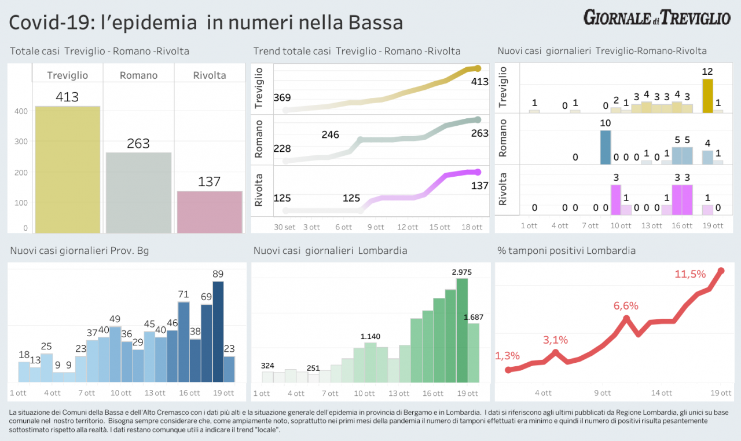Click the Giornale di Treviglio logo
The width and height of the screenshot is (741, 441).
coord(656,17)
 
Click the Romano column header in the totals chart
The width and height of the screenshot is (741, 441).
coord(138,75)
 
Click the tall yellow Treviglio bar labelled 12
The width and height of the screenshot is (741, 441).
coord(707,96)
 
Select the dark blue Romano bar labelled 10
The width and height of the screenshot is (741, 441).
coord(606,147)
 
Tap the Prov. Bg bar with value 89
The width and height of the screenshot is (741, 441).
coord(218,331)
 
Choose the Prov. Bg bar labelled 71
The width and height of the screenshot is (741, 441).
coord(184,342)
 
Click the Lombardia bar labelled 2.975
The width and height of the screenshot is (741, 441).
coord(462,330)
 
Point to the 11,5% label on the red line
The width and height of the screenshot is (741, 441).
coord(690,274)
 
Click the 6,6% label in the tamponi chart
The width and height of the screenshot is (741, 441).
coord(626,305)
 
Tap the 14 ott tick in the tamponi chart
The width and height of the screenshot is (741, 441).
coord(662,393)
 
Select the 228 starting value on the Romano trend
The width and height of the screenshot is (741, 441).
coord(282,149)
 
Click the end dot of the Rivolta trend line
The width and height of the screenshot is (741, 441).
coord(478,172)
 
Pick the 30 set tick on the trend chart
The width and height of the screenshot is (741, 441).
coord(285,227)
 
